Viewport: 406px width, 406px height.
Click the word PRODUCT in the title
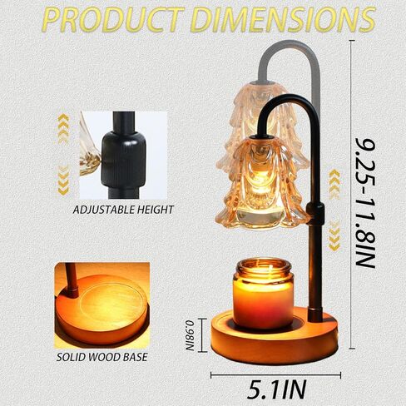pos(114,19)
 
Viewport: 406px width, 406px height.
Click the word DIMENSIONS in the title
pos(284,19)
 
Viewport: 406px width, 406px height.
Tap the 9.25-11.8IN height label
pos(366,201)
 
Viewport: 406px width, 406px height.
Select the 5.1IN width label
pos(277,389)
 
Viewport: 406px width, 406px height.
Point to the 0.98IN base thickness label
pos(191,335)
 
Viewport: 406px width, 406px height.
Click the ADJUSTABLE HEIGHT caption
pos(123,210)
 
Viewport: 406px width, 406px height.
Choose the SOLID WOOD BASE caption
pos(102,357)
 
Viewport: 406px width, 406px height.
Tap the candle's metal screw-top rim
pos(264,267)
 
